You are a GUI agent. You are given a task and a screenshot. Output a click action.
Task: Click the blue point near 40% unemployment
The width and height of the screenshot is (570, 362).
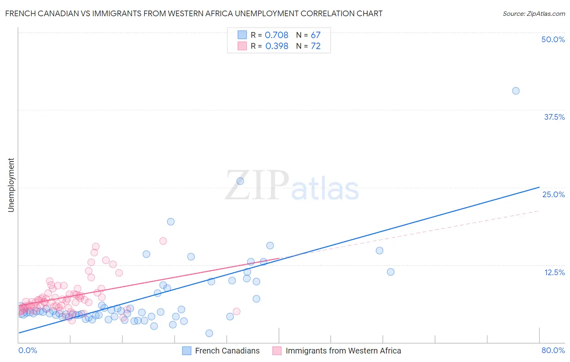(516, 91)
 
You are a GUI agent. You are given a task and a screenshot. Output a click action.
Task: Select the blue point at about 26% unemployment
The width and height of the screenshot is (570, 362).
(240, 181)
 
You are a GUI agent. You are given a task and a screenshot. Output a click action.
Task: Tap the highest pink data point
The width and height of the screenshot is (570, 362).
(163, 241)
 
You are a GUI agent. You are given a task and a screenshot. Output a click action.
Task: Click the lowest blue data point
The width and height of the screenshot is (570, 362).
(209, 333)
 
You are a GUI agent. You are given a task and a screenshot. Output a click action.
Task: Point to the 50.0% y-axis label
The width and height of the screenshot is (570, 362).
(553, 39)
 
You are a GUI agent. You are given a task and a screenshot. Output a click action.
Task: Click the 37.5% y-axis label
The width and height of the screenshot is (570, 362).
(554, 117)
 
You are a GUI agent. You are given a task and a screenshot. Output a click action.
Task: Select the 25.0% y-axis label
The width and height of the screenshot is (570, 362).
(553, 194)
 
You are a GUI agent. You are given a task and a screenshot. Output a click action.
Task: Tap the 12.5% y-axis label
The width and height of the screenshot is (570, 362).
(554, 272)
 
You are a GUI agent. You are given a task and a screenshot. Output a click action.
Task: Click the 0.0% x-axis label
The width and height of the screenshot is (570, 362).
(28, 350)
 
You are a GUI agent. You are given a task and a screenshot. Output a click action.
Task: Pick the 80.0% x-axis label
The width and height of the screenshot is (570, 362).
(553, 350)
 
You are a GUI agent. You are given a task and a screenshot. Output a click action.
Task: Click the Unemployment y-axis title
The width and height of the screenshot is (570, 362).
(11, 185)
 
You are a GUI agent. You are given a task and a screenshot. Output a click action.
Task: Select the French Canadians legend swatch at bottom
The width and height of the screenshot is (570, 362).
(186, 351)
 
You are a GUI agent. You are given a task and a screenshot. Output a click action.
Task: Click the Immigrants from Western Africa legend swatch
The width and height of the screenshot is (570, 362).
(277, 351)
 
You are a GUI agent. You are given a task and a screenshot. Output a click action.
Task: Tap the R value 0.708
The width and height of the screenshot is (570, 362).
(276, 35)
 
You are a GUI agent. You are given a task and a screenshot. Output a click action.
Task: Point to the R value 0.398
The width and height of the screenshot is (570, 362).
(276, 46)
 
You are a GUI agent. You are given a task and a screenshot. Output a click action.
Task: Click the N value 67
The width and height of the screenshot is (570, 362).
(315, 35)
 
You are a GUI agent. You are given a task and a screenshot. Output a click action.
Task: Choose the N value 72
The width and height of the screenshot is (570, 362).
(315, 46)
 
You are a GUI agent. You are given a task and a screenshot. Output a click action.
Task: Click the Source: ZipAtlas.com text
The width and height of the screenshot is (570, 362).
(534, 14)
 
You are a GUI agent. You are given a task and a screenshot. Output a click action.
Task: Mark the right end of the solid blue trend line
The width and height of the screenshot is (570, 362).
(539, 187)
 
